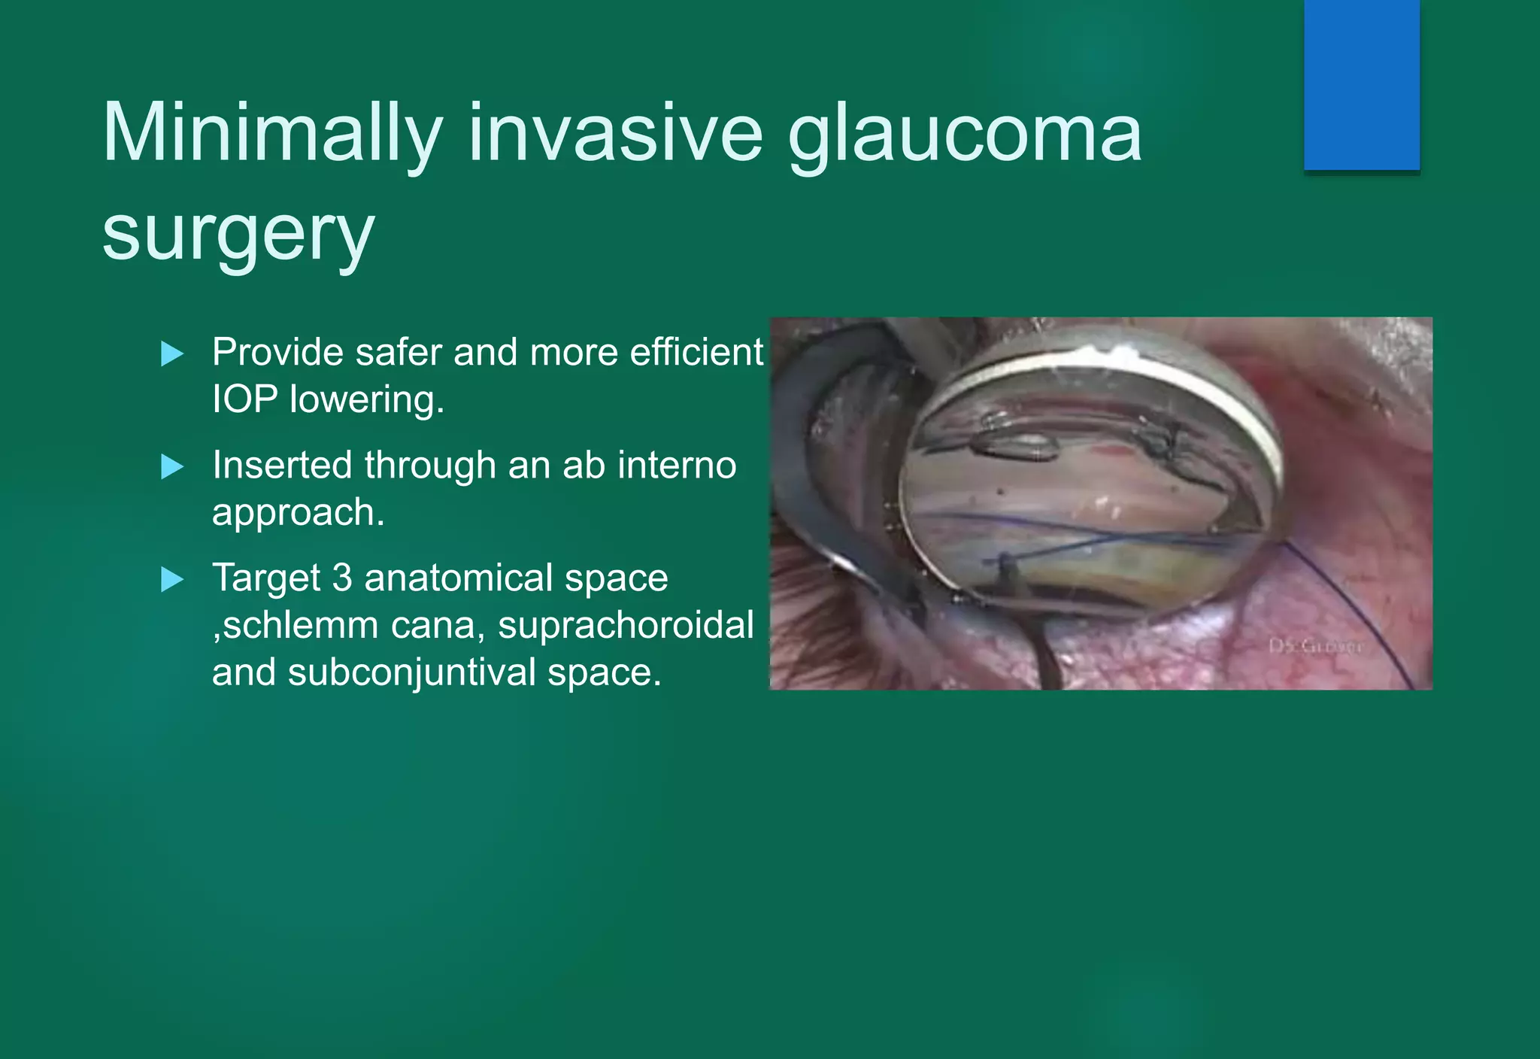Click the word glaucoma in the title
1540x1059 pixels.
[x=965, y=134]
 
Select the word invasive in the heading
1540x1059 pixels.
[x=616, y=134]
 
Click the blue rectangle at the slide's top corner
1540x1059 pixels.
[x=1361, y=84]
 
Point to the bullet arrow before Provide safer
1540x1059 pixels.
[x=172, y=354]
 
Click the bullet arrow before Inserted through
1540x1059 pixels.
[x=172, y=467]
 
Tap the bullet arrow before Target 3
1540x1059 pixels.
[x=172, y=580]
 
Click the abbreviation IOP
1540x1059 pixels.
[x=245, y=399]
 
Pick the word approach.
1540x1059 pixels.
[x=293, y=513]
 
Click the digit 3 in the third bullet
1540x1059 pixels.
[x=342, y=578]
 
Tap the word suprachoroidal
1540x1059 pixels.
[x=625, y=625]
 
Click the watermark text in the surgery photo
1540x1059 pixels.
[x=1315, y=646]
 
